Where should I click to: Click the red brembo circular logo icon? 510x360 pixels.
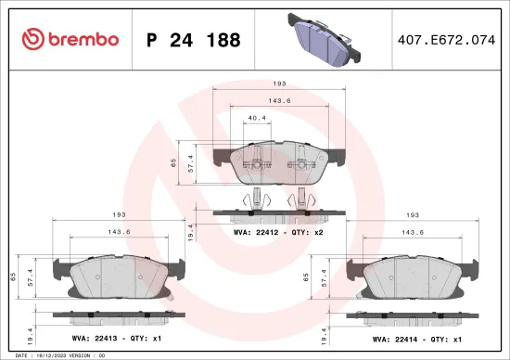click(x=32, y=40)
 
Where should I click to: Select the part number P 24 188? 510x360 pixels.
click(x=193, y=40)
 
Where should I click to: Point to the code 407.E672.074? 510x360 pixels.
click(x=440, y=40)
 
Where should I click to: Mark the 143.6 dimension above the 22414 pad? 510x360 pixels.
click(x=413, y=232)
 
